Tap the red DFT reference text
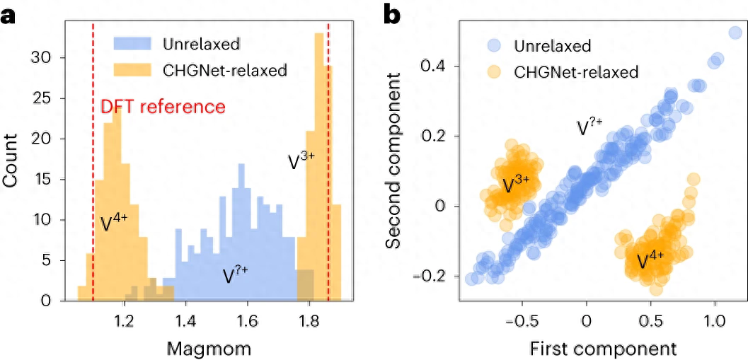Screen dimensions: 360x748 (163, 108)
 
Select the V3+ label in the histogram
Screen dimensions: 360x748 (301, 159)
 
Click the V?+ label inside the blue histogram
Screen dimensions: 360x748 (236, 274)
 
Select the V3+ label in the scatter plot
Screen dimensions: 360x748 (516, 185)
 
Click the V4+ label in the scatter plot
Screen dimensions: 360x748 (650, 261)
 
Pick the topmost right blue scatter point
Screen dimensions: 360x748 (735, 33)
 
